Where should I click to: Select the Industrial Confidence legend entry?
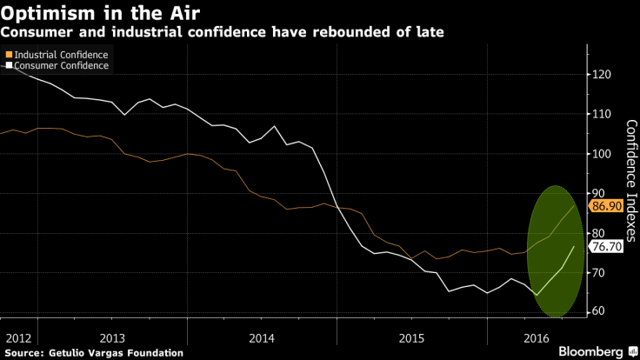coord(60,55)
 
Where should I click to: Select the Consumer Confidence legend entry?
coord(60,65)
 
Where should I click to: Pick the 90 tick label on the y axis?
coord(600,194)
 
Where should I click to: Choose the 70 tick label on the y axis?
coord(600,273)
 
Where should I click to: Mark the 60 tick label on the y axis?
coord(600,312)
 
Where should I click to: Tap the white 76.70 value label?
coord(604,247)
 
